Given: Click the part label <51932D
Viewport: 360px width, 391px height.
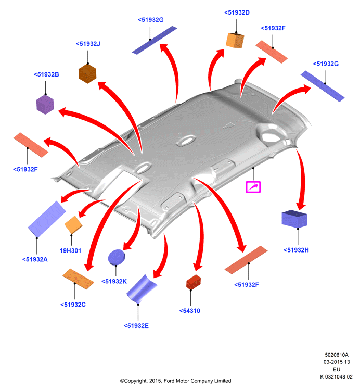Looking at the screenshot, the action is click(x=237, y=12).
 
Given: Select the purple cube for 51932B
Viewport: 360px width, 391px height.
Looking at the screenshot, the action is click(x=45, y=105).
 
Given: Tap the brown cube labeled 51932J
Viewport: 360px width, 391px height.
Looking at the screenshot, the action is click(x=87, y=73).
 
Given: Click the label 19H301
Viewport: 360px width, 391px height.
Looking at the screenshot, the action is click(x=71, y=250).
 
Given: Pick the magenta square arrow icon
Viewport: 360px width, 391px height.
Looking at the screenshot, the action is click(x=253, y=187).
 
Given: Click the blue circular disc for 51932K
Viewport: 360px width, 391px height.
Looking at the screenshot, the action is click(x=117, y=257).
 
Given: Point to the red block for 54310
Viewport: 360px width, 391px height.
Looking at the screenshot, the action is click(x=194, y=282).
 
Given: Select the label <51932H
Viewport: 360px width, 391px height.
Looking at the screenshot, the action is click(x=296, y=250).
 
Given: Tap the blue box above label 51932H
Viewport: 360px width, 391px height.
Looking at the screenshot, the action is click(x=294, y=219).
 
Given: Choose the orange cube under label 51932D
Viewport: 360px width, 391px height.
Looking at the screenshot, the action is click(x=235, y=40).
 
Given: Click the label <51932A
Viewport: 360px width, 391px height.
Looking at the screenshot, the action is click(x=35, y=260).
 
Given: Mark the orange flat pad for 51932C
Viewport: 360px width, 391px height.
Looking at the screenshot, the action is click(x=78, y=279).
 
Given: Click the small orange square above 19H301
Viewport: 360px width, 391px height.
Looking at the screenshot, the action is click(x=73, y=225).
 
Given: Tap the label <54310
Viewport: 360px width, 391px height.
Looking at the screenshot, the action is click(x=189, y=311).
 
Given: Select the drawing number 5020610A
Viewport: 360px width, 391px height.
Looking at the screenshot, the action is click(x=337, y=355).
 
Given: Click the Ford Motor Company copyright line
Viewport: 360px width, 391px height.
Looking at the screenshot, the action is click(x=175, y=381).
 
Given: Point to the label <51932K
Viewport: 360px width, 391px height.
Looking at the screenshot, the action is click(x=114, y=282).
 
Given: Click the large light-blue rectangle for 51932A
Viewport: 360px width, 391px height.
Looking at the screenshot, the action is click(x=47, y=219).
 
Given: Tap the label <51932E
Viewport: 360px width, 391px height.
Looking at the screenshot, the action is click(x=136, y=326).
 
